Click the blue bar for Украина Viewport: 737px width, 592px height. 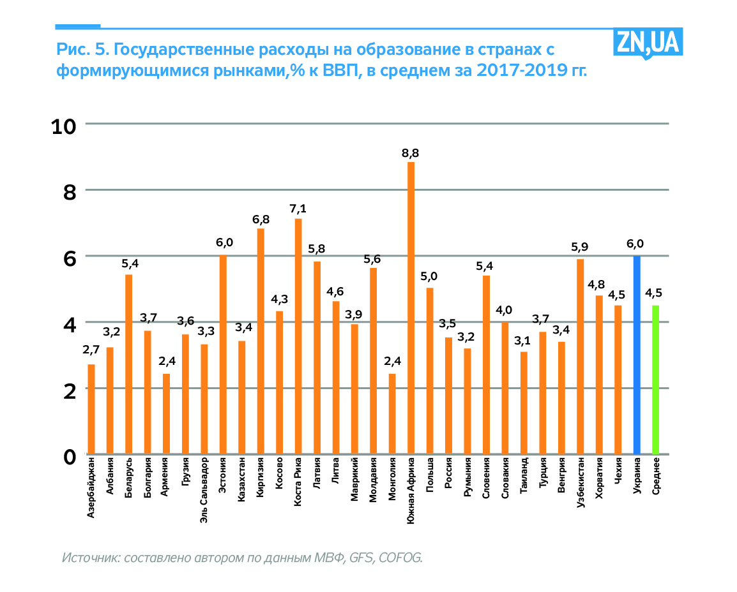click(x=636, y=355)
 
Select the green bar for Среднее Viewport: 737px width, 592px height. click(x=655, y=380)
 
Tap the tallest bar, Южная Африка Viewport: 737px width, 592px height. click(x=411, y=308)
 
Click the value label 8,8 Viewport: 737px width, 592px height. click(x=411, y=153)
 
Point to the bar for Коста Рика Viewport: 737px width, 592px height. click(x=298, y=336)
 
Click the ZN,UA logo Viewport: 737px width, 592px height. click(x=648, y=43)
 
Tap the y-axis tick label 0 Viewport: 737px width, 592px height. click(x=70, y=456)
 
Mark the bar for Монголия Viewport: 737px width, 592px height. click(x=392, y=414)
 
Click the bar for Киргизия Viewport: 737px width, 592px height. click(x=261, y=341)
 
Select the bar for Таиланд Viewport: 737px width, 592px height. click(x=524, y=403)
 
